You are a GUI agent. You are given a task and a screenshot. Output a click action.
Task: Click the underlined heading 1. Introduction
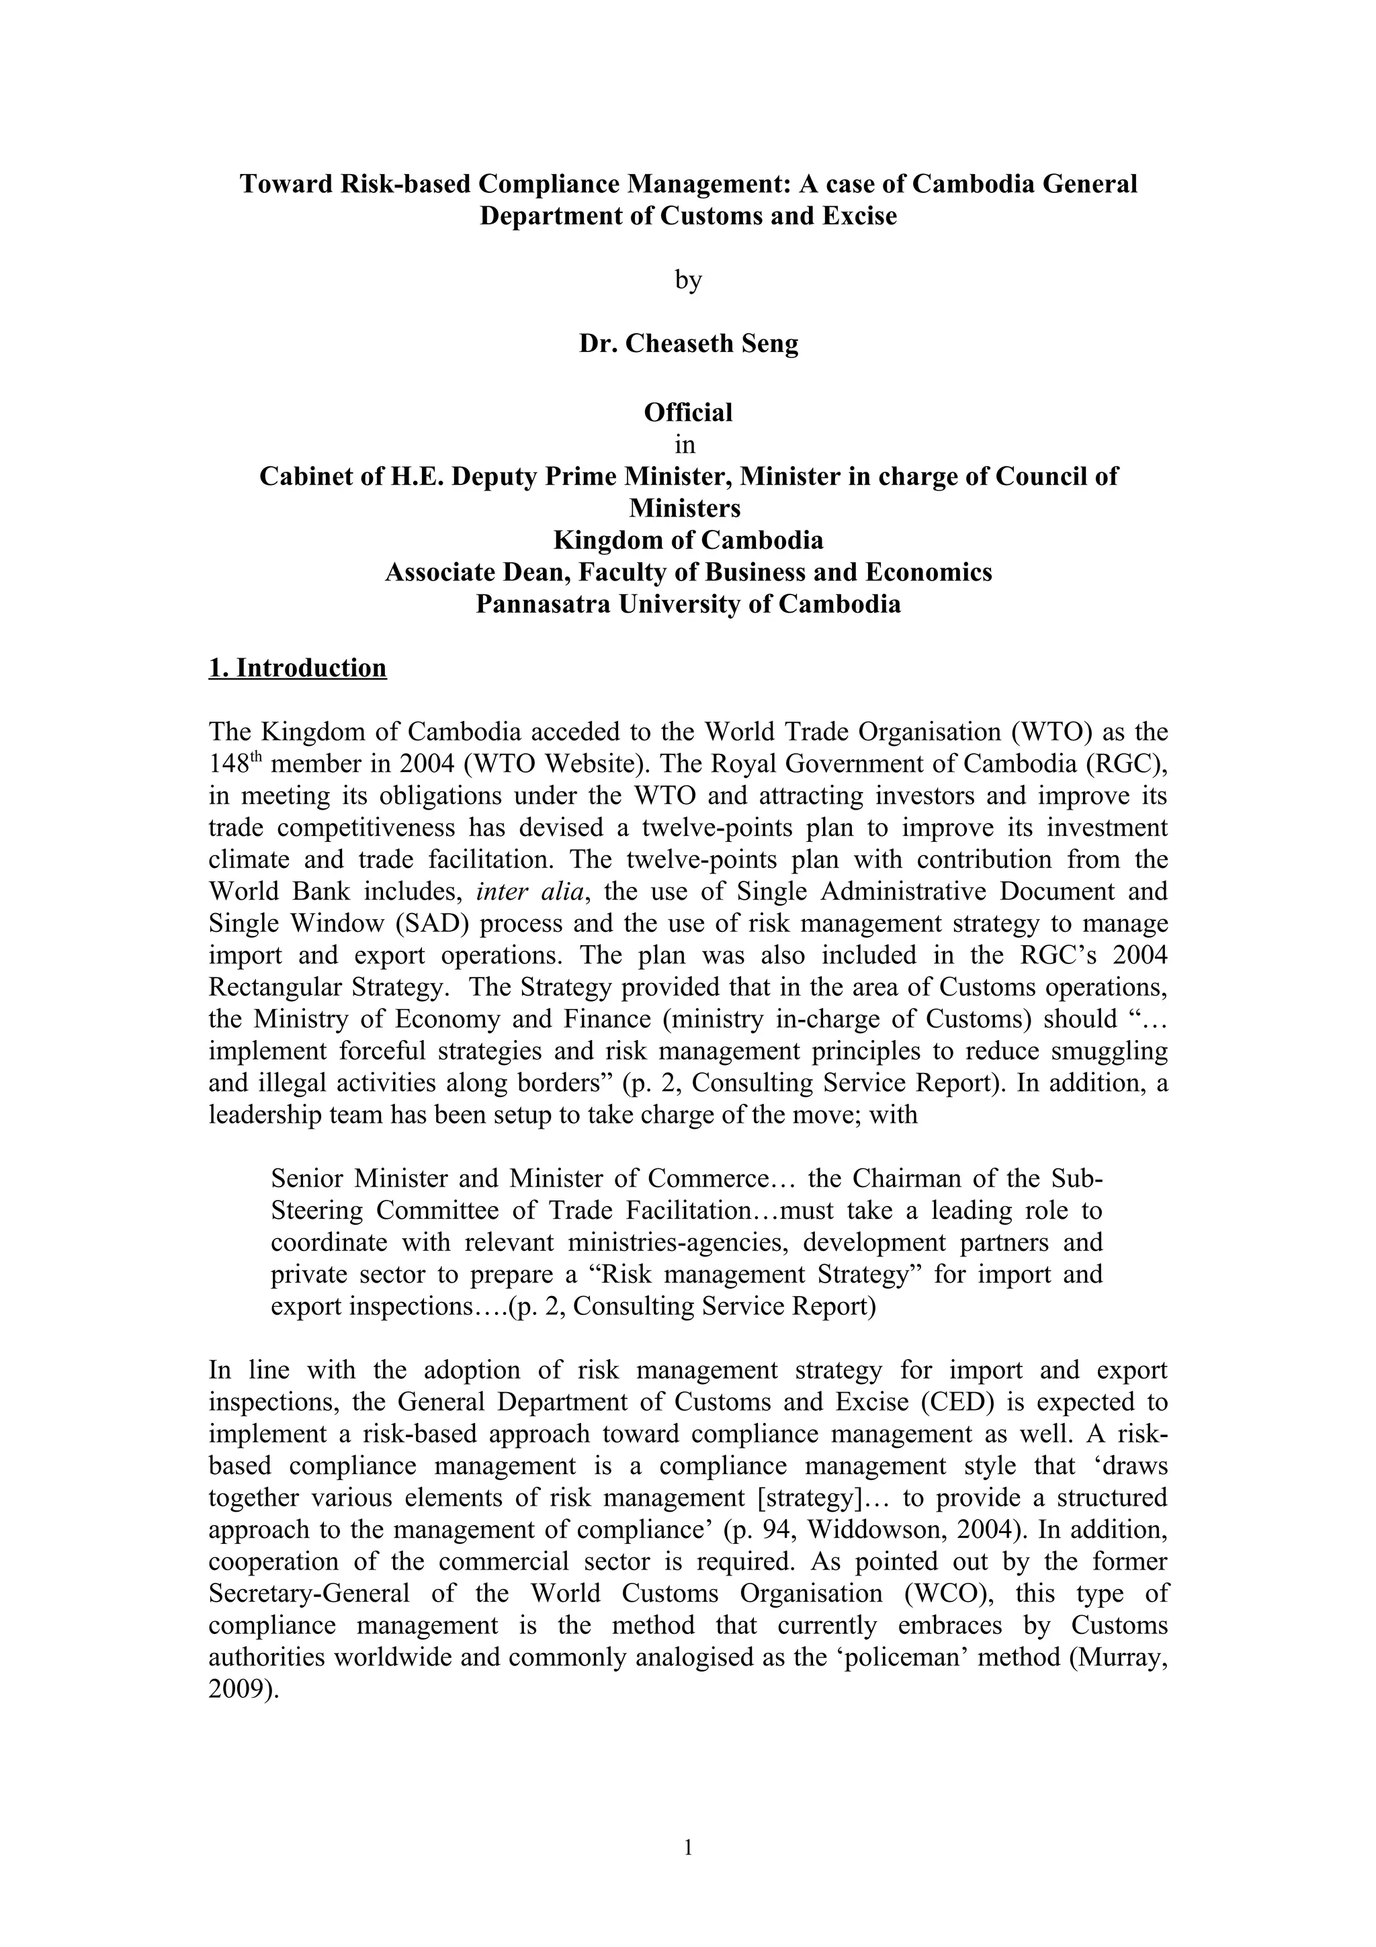click(298, 668)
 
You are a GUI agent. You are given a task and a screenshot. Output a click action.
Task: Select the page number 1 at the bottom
click(687, 1847)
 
